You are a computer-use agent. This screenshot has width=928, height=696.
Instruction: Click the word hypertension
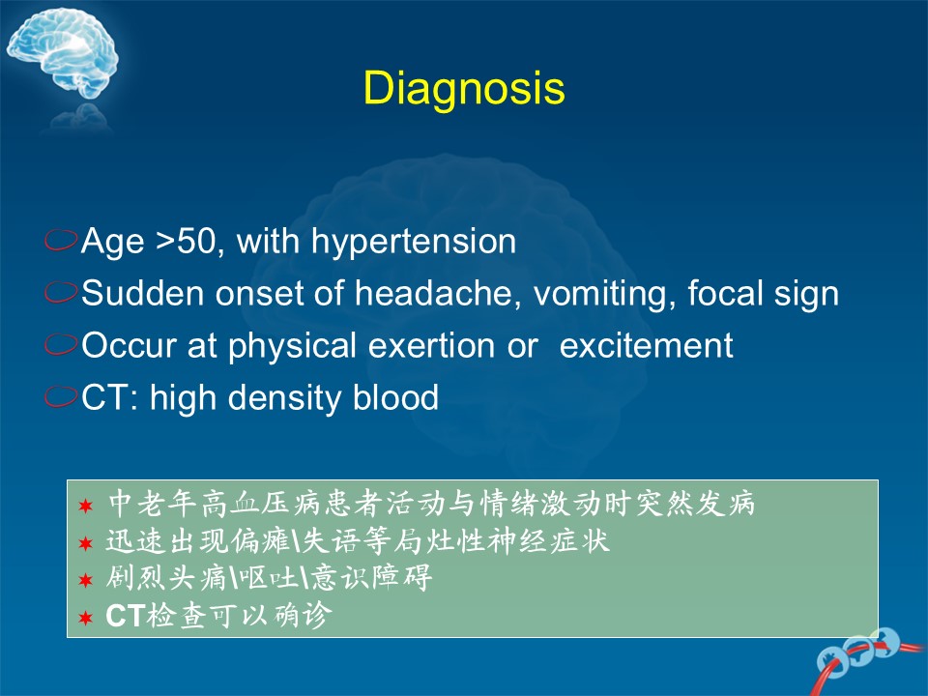click(x=414, y=242)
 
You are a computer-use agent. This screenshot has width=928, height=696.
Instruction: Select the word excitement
click(x=646, y=345)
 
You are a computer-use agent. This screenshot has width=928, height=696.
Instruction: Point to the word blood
click(x=395, y=396)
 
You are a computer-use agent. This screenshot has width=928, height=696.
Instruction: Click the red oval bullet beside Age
click(x=61, y=240)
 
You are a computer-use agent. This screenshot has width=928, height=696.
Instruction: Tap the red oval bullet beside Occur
click(x=61, y=344)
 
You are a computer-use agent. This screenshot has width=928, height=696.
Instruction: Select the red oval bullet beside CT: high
click(x=61, y=396)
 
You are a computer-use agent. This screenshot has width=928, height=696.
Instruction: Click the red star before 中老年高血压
click(x=86, y=506)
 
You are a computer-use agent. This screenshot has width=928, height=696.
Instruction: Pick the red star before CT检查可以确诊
click(x=86, y=619)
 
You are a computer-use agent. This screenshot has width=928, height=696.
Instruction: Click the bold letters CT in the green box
click(x=125, y=616)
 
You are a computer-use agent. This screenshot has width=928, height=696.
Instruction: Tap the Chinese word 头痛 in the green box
click(x=197, y=578)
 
